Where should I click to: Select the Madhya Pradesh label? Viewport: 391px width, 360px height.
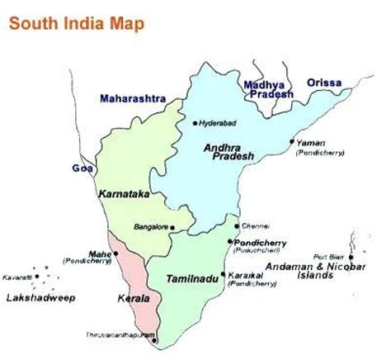pos(268,88)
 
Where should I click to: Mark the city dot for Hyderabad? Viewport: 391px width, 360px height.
pos(195,123)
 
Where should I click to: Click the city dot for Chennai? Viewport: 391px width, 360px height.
pos(237,225)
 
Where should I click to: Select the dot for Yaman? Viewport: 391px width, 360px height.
pos(291,141)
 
